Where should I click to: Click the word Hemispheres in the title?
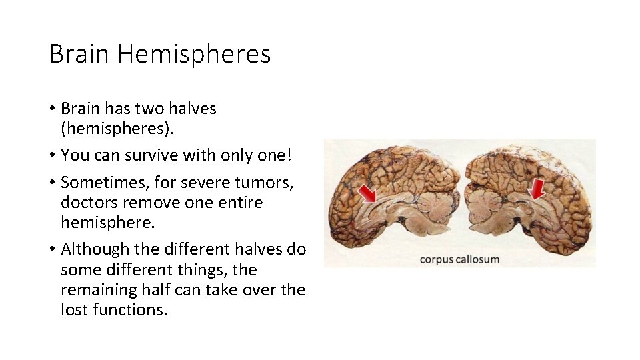(194, 54)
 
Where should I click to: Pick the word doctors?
(86, 202)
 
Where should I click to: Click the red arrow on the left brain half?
(366, 193)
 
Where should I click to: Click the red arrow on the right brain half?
(535, 190)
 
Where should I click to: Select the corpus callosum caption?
(459, 259)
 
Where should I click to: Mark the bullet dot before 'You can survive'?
(53, 156)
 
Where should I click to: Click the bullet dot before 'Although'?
(53, 250)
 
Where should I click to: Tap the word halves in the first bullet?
(194, 108)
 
